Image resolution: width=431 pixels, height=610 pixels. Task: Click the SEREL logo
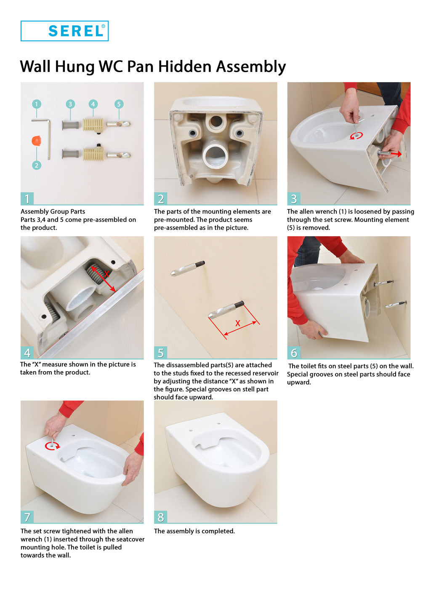(x=64, y=31)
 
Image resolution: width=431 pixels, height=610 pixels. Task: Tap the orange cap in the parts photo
(x=36, y=141)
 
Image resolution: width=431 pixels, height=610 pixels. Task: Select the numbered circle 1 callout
(x=37, y=104)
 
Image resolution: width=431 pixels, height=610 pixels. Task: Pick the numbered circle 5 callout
(x=119, y=104)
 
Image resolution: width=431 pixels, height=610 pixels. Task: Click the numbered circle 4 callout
(x=93, y=104)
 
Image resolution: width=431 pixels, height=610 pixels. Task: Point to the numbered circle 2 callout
(x=37, y=165)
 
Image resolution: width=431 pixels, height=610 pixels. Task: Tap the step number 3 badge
(x=294, y=198)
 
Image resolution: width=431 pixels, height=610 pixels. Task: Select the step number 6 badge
(x=294, y=353)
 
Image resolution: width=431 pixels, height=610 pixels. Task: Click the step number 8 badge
(x=160, y=517)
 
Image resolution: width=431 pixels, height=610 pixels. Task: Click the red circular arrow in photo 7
(x=52, y=446)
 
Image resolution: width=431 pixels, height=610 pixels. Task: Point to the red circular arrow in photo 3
(x=356, y=135)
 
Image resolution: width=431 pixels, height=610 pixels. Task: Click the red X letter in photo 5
(x=237, y=323)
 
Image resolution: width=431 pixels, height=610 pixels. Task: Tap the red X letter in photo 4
(x=106, y=274)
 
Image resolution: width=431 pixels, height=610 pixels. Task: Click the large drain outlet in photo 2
(x=216, y=156)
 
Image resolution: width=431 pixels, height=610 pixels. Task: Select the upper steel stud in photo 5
(x=187, y=268)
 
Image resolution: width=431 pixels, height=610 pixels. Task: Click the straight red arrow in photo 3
(x=392, y=154)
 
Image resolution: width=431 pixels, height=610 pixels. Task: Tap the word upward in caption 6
(x=299, y=383)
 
